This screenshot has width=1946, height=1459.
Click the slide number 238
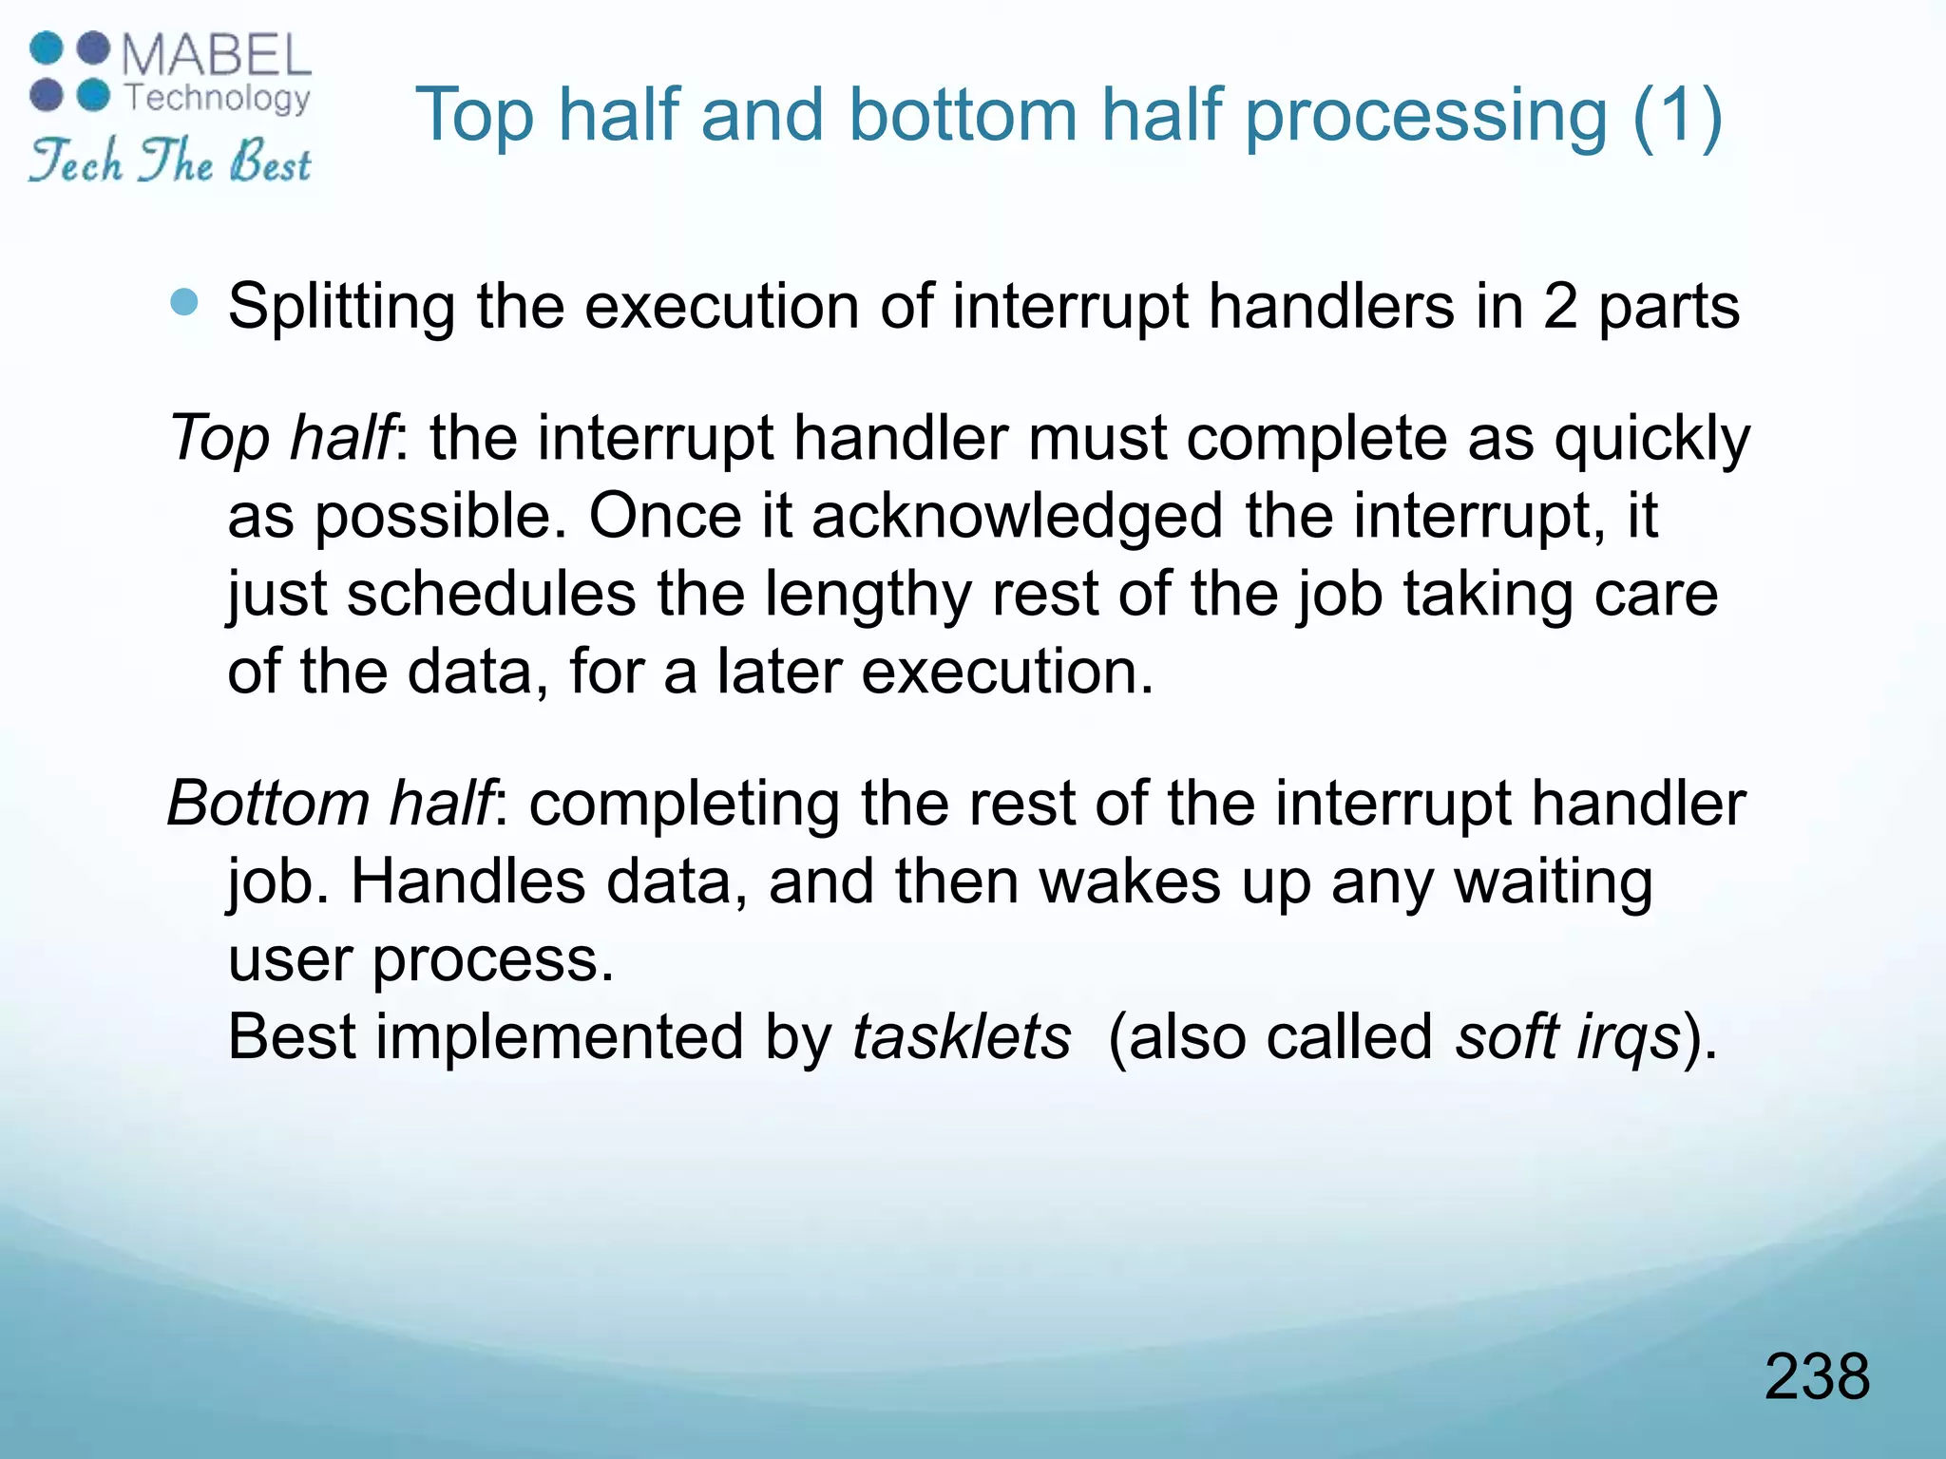click(1816, 1376)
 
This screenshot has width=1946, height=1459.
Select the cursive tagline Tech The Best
click(169, 161)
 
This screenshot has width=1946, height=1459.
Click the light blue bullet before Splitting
click(184, 303)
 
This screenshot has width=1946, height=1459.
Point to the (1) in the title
click(1676, 115)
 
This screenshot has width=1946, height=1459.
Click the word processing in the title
click(1425, 117)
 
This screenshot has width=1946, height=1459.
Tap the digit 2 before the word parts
click(1560, 306)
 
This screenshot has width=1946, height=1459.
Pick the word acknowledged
click(1017, 517)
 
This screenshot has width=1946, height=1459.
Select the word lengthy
click(868, 596)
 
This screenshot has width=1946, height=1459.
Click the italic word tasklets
click(961, 1036)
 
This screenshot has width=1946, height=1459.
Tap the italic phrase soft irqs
click(1568, 1036)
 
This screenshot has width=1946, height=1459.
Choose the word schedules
click(490, 595)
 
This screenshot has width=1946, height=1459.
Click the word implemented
click(559, 1036)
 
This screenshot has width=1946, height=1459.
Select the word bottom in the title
click(962, 115)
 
